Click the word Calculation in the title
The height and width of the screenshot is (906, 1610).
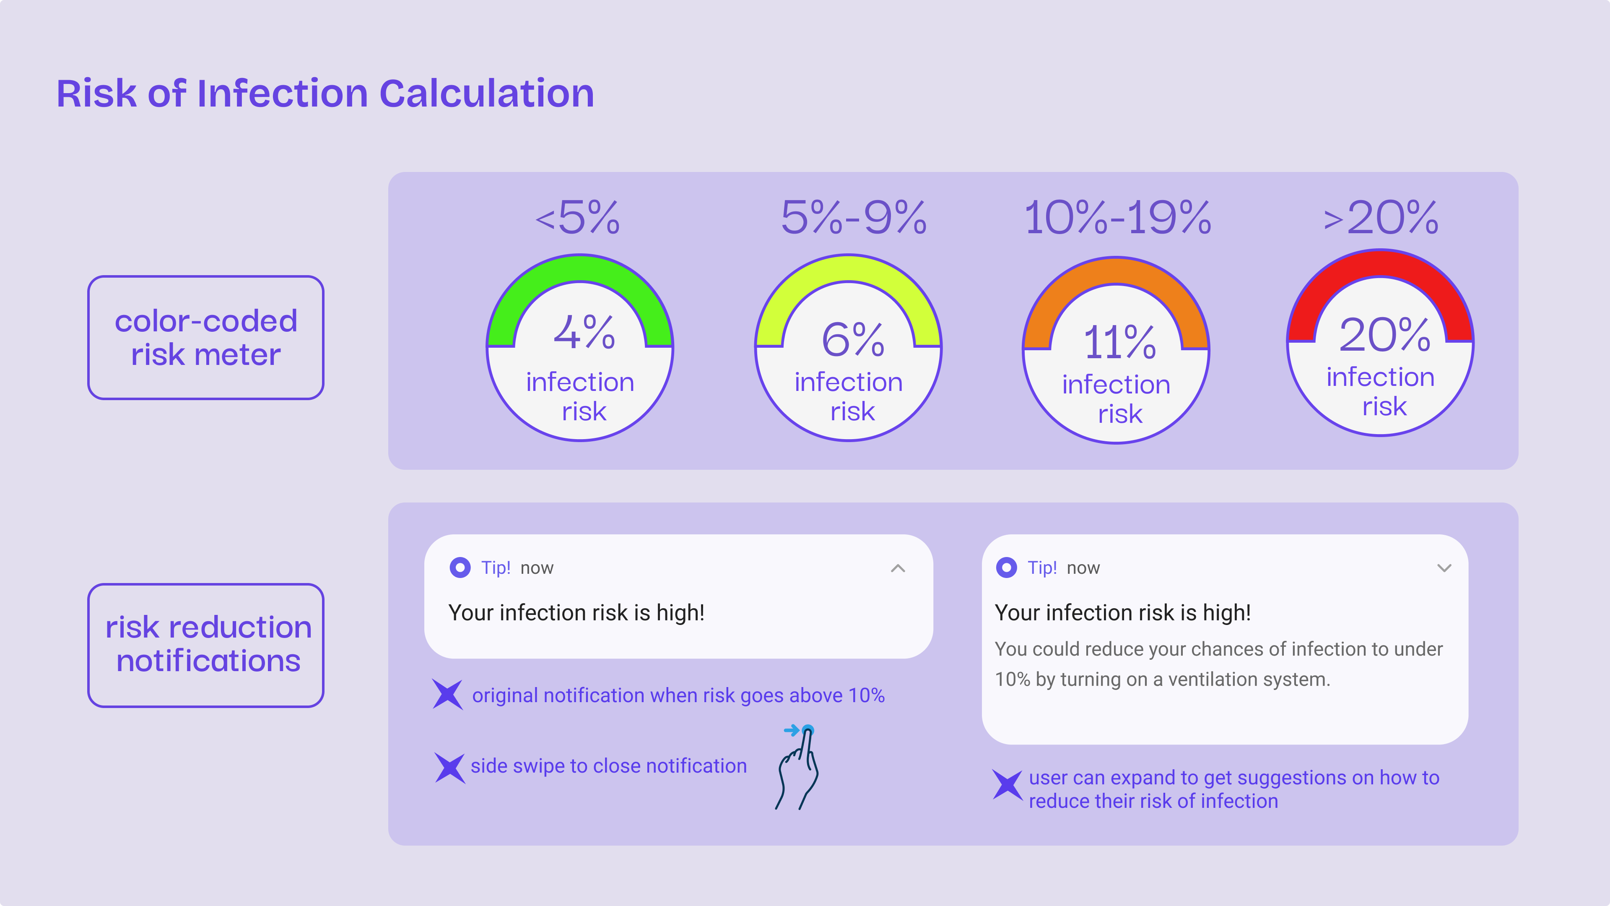(487, 94)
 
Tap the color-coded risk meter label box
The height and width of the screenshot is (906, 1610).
(205, 338)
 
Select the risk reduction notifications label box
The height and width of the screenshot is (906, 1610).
(205, 645)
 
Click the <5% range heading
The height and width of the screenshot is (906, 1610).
(577, 218)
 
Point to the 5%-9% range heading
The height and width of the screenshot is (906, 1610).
(854, 218)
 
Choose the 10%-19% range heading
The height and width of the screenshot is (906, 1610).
(1117, 218)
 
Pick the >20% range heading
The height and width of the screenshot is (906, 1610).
(1381, 218)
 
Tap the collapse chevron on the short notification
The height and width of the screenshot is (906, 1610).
(898, 568)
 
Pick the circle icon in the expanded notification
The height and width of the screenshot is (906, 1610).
(1006, 568)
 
